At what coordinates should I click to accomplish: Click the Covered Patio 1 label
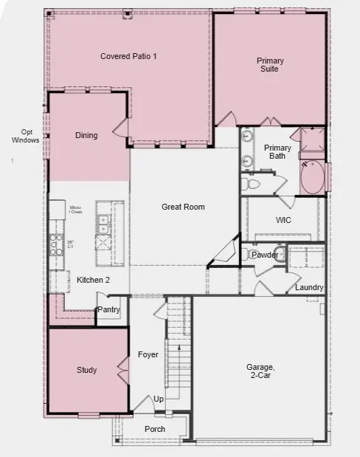(x=128, y=56)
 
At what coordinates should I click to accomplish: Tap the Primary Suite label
(x=270, y=64)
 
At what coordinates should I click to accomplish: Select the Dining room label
(x=86, y=135)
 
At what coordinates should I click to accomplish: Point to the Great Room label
(x=183, y=207)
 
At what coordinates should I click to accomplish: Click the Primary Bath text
(x=278, y=151)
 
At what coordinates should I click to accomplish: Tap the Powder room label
(x=265, y=255)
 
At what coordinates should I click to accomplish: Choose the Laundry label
(x=308, y=287)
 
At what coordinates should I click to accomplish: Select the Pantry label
(x=108, y=310)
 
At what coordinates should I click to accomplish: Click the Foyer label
(x=148, y=354)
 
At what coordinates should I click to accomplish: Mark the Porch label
(x=155, y=429)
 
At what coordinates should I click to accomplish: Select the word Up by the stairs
(x=159, y=399)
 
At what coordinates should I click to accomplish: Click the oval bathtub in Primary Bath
(x=312, y=179)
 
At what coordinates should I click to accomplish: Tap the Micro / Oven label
(x=75, y=210)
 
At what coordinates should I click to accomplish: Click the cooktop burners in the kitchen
(x=55, y=244)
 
